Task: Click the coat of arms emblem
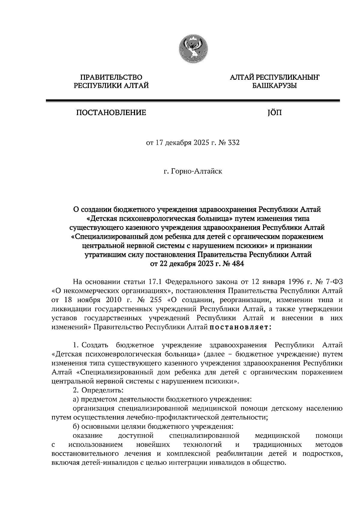tap(193, 49)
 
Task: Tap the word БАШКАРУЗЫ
tap(274, 86)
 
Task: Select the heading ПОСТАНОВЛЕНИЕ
tap(111, 113)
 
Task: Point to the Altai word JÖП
tap(274, 113)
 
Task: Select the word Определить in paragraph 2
tap(102, 390)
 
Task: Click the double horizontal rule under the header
tap(193, 101)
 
